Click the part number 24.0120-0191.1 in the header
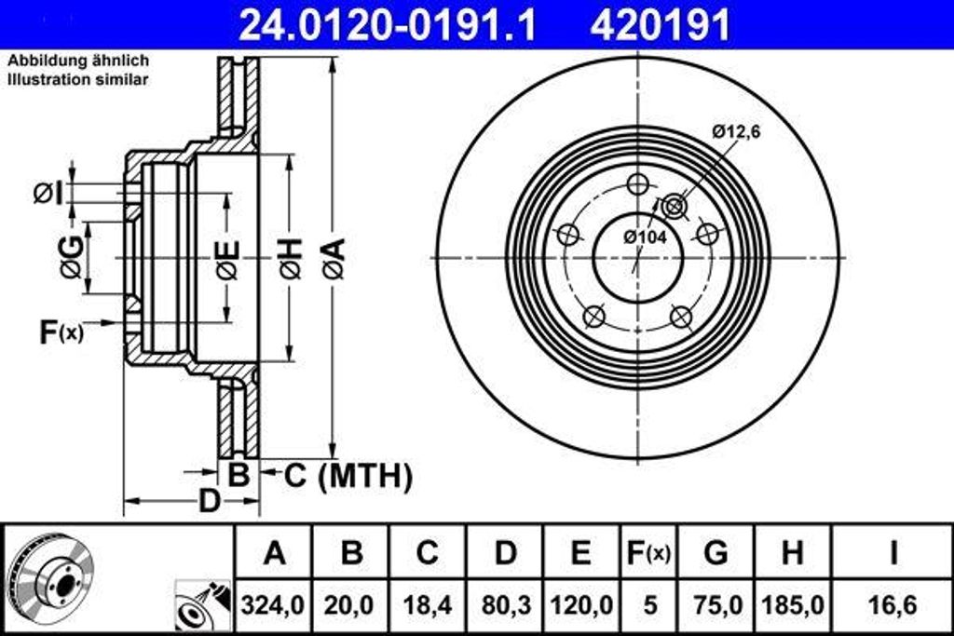(x=388, y=25)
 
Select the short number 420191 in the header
(x=660, y=25)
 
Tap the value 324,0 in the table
(x=274, y=605)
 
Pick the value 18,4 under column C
(x=427, y=605)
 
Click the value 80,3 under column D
(x=505, y=605)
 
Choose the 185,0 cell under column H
(x=792, y=605)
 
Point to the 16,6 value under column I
(x=893, y=605)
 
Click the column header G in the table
(x=715, y=553)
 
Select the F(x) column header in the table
(x=646, y=553)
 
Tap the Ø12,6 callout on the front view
(x=737, y=132)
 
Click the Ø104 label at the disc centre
(x=645, y=237)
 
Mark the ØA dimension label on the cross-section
(x=334, y=258)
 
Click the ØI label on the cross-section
(x=48, y=194)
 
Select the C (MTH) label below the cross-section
(x=348, y=476)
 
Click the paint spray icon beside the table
(x=202, y=605)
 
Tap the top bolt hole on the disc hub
(x=637, y=184)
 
